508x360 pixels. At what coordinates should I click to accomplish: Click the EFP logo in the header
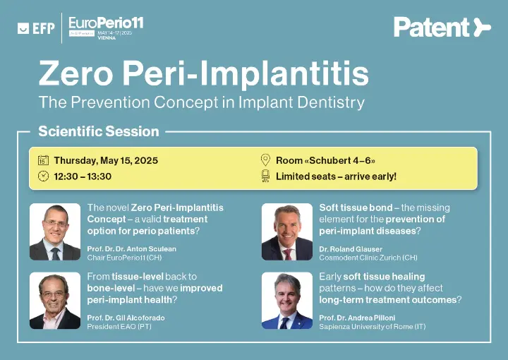click(36, 28)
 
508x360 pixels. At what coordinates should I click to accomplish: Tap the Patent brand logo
click(442, 28)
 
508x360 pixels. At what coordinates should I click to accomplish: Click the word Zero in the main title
click(75, 73)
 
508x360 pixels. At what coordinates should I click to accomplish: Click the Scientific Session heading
click(99, 131)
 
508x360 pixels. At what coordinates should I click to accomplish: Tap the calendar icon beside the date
click(43, 160)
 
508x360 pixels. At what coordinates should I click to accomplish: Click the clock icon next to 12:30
click(43, 176)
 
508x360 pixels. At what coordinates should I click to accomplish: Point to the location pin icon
click(265, 160)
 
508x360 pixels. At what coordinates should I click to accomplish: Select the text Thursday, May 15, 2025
click(106, 160)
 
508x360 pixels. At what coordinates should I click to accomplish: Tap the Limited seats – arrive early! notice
click(336, 176)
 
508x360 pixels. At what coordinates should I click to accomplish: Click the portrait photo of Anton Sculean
click(55, 232)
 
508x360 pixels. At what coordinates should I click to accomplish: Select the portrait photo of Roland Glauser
click(287, 232)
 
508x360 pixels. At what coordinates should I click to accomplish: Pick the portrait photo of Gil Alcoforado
click(55, 301)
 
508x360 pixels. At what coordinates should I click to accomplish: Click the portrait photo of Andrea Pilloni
click(287, 301)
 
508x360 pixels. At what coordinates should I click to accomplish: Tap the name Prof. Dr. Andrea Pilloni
click(357, 318)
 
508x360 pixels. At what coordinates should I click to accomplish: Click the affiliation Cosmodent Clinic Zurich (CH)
click(368, 258)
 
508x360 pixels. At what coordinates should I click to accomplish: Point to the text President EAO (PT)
click(119, 326)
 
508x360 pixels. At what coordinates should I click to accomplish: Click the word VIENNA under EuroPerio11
click(107, 38)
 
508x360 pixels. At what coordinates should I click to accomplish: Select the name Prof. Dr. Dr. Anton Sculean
click(131, 249)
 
